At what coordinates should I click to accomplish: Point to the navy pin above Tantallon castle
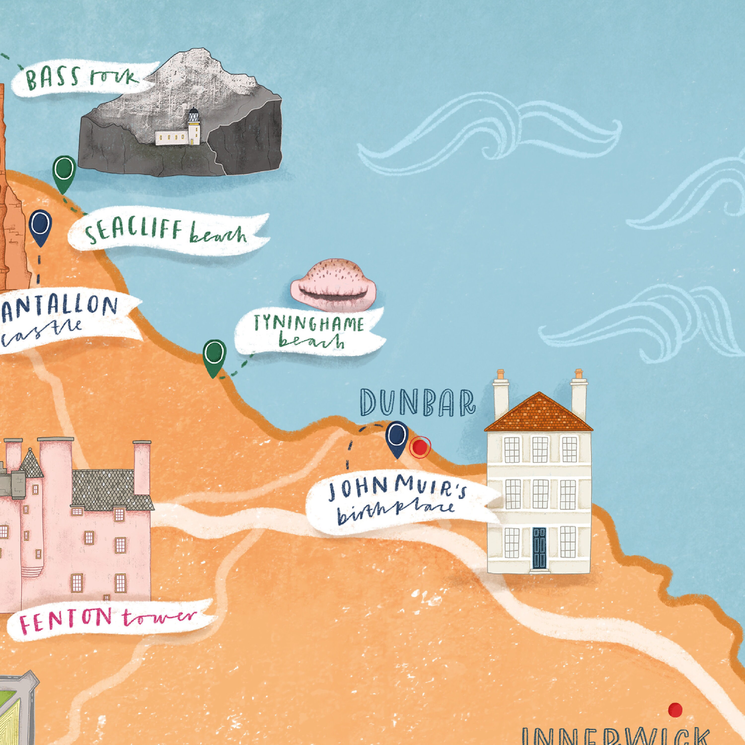pyautogui.click(x=40, y=225)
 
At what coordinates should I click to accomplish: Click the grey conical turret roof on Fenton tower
pyautogui.click(x=31, y=463)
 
